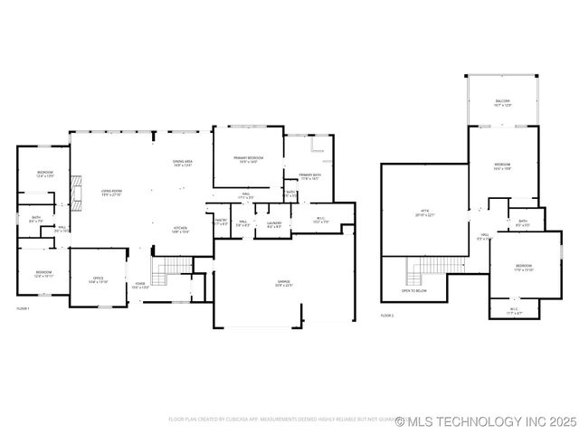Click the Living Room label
pyautogui.click(x=112, y=193)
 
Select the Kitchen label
pyautogui.click(x=181, y=230)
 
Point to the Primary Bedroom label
pyautogui.click(x=247, y=160)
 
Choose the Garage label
pyautogui.click(x=283, y=283)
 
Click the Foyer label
pyautogui.click(x=140, y=286)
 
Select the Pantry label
pyautogui.click(x=221, y=222)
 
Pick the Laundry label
pyautogui.click(x=273, y=223)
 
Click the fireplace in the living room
pyautogui.click(x=79, y=193)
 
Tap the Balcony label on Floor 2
pyautogui.click(x=503, y=103)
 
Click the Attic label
pyautogui.click(x=424, y=213)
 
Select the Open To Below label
pyautogui.click(x=413, y=290)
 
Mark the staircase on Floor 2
pyautogui.click(x=425, y=269)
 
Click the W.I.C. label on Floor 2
pyautogui.click(x=513, y=310)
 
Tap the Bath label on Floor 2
pyautogui.click(x=522, y=222)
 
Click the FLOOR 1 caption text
pyautogui.click(x=24, y=309)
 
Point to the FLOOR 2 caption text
pyautogui.click(x=387, y=315)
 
